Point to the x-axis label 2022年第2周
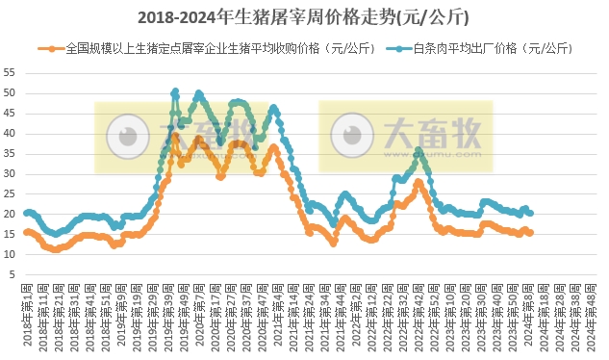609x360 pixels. [357, 313]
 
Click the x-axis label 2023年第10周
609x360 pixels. [451, 313]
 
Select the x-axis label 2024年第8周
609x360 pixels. [529, 313]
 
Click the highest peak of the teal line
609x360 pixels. [175, 92]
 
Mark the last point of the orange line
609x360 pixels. [530, 233]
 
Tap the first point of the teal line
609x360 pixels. [26, 212]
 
